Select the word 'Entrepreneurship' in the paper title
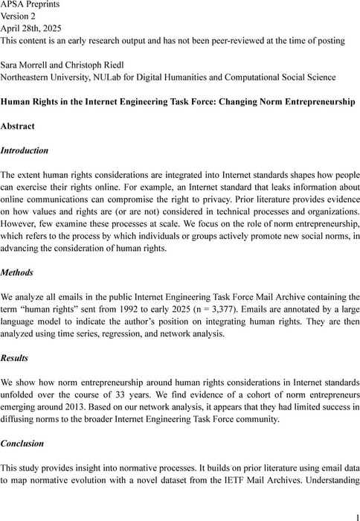pyautogui.click(x=315, y=101)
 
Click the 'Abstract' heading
pyautogui.click(x=21, y=126)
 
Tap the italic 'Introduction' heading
pyautogui.click(x=25, y=150)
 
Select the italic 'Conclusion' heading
pyautogui.click(x=22, y=443)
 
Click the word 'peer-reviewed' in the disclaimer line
pyautogui.click(x=228, y=40)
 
